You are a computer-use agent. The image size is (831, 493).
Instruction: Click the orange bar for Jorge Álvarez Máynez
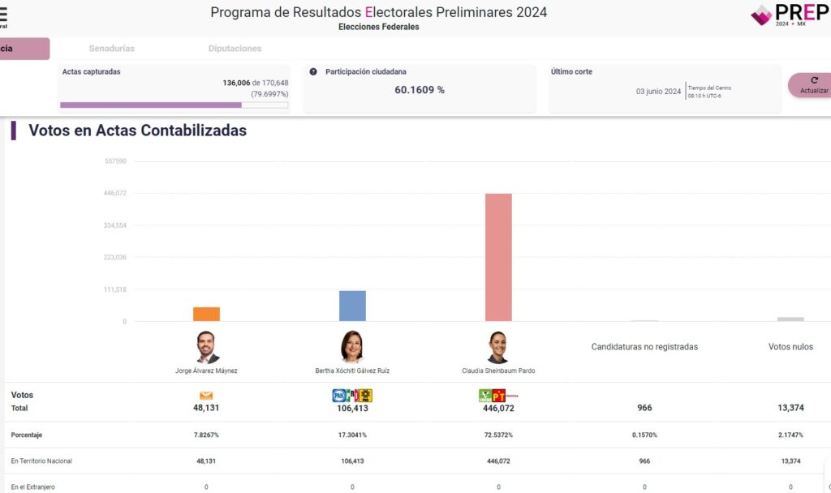[x=206, y=314]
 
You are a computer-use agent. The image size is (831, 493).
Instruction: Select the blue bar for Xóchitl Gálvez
[x=352, y=306]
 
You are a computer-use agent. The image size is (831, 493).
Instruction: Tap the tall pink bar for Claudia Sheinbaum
[x=498, y=257]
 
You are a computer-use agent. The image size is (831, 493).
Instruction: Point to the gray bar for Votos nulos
[x=790, y=319]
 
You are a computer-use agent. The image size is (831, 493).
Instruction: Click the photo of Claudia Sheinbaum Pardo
[x=497, y=348]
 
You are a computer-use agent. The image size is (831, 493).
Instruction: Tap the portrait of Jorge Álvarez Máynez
[x=207, y=348]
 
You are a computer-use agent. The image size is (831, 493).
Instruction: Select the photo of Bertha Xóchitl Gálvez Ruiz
[x=352, y=348]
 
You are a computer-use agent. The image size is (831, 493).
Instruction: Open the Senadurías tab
[x=112, y=49]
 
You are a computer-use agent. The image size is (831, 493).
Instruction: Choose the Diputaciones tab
[x=235, y=49]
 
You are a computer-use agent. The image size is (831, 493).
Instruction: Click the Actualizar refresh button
[x=812, y=85]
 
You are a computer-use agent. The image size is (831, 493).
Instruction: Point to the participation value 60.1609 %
[x=420, y=90]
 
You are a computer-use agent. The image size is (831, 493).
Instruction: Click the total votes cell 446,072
[x=498, y=408]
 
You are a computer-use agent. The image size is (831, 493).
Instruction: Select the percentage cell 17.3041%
[x=352, y=435]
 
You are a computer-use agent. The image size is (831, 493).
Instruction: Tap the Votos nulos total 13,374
[x=790, y=408]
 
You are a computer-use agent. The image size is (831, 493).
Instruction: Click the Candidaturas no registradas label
[x=644, y=347]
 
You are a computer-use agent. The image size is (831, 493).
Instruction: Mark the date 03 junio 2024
[x=658, y=92]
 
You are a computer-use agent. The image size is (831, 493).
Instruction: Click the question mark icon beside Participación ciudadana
[x=313, y=71]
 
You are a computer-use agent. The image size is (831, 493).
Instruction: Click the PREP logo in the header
[x=788, y=14]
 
